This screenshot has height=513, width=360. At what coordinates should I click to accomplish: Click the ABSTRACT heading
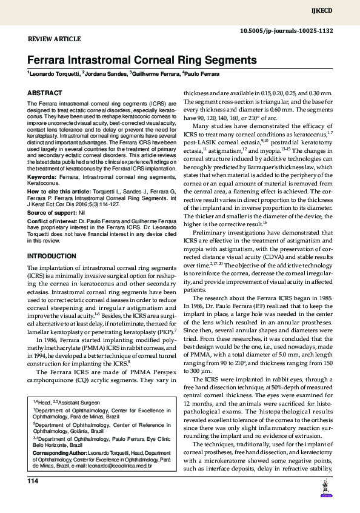click(x=44, y=93)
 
